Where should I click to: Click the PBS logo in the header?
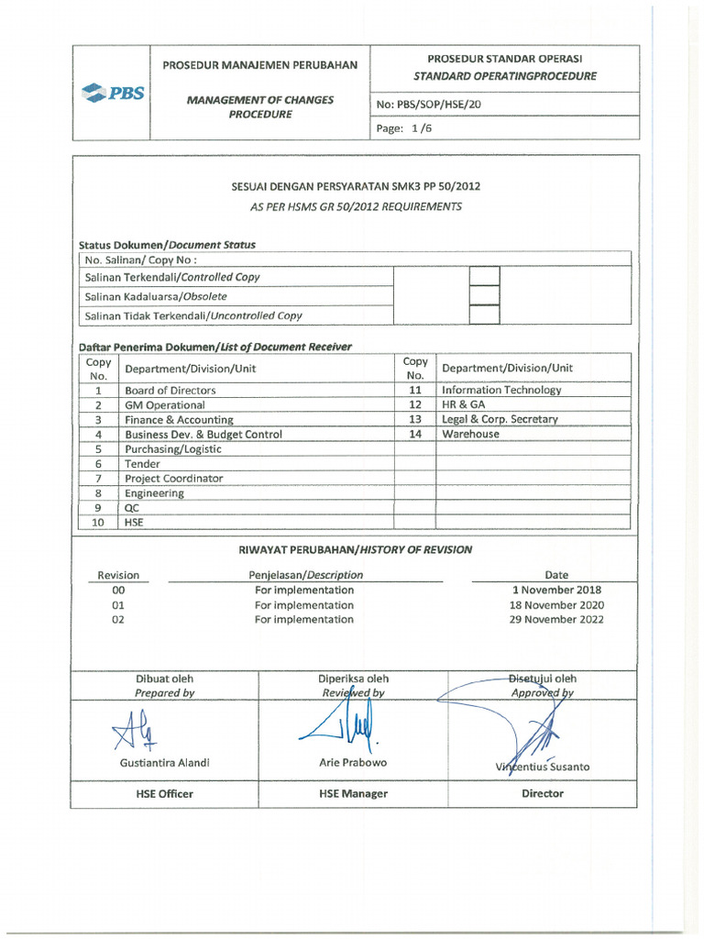pos(113,92)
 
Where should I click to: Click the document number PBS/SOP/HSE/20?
pos(428,105)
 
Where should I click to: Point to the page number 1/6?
pos(404,128)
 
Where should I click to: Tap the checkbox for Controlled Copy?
pos(484,276)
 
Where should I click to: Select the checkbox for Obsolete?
pos(484,295)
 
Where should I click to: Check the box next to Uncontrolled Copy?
pos(484,315)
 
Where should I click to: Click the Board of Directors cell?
pos(170,390)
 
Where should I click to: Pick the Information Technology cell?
pos(501,390)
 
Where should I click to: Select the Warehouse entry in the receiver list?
pos(470,434)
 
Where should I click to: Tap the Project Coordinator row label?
pos(173,479)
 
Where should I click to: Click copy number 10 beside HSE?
pos(97,523)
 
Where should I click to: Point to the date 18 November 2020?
pos(556,605)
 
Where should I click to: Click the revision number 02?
pos(117,620)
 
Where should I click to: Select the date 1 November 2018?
pos(556,591)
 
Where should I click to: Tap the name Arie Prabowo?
pos(353,763)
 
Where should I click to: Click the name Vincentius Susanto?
pos(542,767)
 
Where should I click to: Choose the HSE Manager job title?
pos(353,794)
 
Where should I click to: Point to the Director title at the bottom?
pos(542,794)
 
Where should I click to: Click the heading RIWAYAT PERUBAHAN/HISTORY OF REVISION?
pos(355,550)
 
